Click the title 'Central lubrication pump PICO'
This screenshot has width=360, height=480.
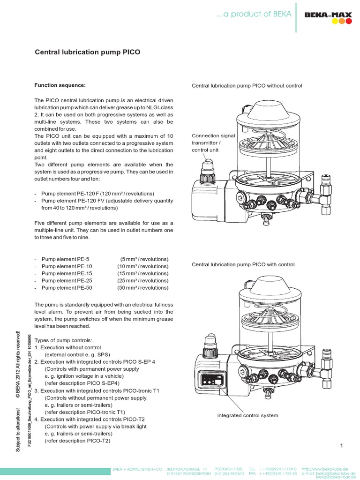click(88, 52)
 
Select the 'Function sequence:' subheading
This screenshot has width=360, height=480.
click(60, 85)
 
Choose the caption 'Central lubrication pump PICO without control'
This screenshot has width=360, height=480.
click(247, 86)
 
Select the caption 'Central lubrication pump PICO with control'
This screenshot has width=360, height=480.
click(243, 264)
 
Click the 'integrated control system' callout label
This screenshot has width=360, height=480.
click(247, 415)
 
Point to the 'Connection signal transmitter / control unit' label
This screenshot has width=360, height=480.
click(213, 143)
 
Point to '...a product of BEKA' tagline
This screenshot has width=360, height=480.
click(254, 14)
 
